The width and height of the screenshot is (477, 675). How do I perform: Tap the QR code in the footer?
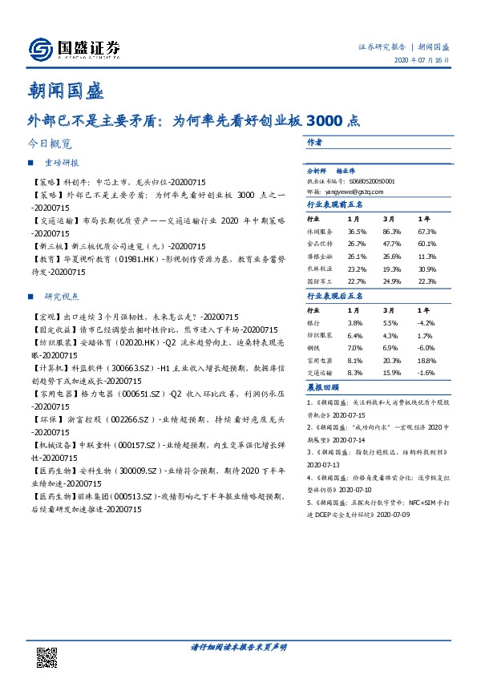(47, 657)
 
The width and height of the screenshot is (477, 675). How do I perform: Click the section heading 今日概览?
(49, 145)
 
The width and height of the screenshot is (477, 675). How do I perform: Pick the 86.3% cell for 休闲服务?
(390, 230)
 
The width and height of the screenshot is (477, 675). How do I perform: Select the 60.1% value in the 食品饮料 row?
(427, 243)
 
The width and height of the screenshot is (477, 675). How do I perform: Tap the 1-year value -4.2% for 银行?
(427, 322)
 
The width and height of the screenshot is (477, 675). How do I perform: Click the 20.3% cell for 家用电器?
(390, 362)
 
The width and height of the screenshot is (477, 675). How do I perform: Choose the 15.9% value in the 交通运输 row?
(390, 374)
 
